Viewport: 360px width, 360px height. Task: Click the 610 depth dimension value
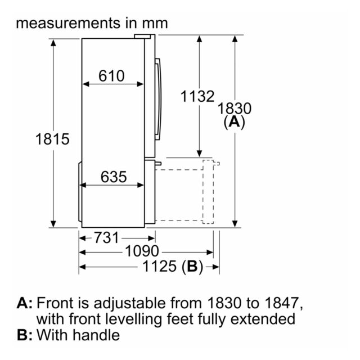tap(111, 76)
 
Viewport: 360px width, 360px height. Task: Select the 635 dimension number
tap(114, 177)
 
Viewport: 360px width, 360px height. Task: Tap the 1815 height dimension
tap(52, 139)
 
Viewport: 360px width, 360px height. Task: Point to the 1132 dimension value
tap(197, 96)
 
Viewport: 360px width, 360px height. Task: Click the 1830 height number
tap(235, 109)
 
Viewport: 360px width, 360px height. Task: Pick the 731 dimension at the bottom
tap(106, 237)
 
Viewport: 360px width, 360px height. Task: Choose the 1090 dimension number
tap(142, 251)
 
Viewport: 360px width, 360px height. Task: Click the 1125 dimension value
tap(159, 266)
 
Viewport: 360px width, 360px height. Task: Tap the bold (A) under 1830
tap(235, 122)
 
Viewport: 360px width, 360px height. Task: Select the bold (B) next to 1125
tap(192, 267)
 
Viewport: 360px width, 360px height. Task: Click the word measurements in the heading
tap(68, 24)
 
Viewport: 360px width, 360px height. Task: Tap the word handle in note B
tap(96, 335)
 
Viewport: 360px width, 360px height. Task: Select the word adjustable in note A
tap(129, 304)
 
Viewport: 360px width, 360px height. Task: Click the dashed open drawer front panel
tap(208, 191)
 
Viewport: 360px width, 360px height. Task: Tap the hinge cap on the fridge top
tap(142, 36)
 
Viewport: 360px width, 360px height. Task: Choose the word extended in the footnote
tap(263, 319)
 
